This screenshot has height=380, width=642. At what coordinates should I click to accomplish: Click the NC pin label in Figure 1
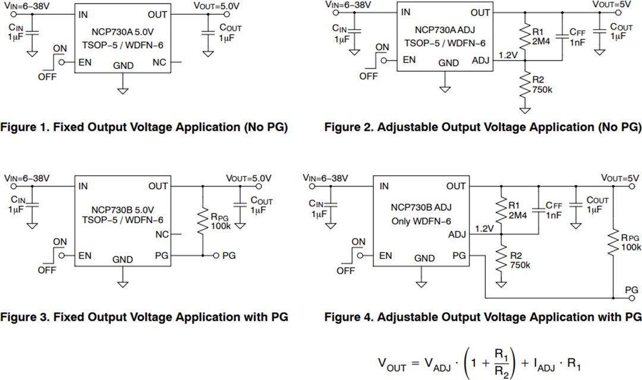click(x=159, y=62)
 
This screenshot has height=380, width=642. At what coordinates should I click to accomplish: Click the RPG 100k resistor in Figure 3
click(x=203, y=221)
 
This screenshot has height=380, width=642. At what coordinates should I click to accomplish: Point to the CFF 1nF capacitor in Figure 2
click(x=562, y=37)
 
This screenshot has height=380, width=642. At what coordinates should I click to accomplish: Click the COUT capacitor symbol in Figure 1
click(x=207, y=33)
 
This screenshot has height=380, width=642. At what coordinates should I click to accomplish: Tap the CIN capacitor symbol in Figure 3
click(x=33, y=205)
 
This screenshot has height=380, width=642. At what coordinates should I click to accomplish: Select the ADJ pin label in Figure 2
click(x=480, y=60)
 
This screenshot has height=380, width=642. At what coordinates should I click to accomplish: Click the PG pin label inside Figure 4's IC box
click(x=458, y=256)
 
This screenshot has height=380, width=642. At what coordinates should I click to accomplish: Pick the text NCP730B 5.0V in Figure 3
click(x=122, y=210)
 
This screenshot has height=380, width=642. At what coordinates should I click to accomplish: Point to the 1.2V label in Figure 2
click(x=508, y=55)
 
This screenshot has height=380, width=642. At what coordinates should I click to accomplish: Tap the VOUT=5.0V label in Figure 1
click(x=216, y=6)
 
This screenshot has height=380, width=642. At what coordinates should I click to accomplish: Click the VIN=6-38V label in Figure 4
click(x=325, y=178)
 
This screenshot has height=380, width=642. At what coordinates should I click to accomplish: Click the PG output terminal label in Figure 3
click(x=229, y=256)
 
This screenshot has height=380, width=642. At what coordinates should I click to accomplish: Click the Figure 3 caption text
click(x=144, y=317)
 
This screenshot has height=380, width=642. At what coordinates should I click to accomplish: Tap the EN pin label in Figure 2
click(x=408, y=60)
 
